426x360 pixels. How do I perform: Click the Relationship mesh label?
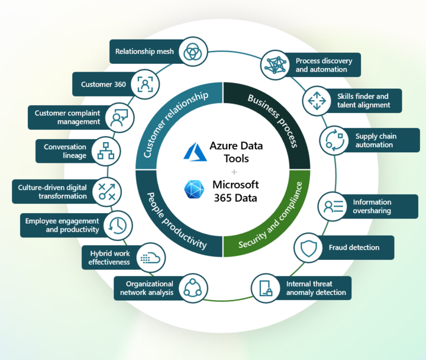144,52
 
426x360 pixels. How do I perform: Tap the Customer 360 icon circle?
144,84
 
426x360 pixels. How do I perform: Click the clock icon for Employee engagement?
118,224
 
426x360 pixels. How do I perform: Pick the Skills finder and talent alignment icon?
314,101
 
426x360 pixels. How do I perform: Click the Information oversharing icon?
330,206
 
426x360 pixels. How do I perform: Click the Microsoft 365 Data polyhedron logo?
193,190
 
